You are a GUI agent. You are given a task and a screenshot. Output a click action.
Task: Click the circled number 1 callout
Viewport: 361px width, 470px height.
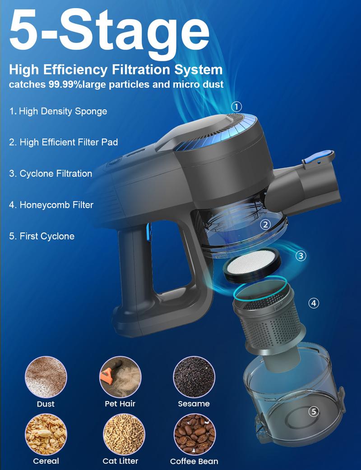click(x=236, y=107)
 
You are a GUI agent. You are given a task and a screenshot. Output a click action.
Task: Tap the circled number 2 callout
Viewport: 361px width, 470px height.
click(x=265, y=224)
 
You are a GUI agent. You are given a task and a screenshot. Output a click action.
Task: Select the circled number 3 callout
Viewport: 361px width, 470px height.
click(x=301, y=256)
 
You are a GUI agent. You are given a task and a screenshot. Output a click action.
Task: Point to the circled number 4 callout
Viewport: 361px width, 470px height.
click(x=314, y=303)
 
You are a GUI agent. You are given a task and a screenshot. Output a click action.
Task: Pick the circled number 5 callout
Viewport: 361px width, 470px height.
click(x=314, y=411)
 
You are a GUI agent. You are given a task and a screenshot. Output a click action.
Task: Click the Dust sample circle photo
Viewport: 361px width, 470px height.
click(x=46, y=377)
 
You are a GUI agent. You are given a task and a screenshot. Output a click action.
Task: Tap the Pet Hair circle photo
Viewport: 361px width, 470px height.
click(x=120, y=377)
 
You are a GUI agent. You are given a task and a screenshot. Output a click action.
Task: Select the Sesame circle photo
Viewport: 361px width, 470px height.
click(x=194, y=377)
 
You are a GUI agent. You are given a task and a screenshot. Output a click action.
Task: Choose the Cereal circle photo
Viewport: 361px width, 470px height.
click(x=46, y=434)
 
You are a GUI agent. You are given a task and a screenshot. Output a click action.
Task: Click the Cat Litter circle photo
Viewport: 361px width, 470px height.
click(x=124, y=434)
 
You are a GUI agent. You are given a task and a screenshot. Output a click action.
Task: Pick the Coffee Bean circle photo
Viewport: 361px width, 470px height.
click(x=194, y=434)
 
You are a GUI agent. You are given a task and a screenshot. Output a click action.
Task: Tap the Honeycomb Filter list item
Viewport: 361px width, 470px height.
click(x=51, y=205)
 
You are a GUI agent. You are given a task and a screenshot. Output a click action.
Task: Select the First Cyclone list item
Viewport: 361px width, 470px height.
click(x=42, y=236)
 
